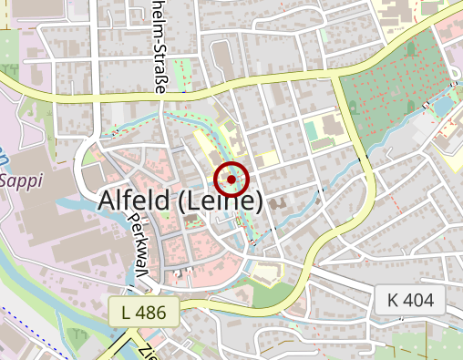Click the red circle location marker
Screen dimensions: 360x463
tap(231, 180)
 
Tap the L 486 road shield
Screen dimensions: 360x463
tap(143, 312)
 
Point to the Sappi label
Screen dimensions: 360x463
tap(22, 180)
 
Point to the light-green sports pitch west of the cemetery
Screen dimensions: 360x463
tap(314, 132)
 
